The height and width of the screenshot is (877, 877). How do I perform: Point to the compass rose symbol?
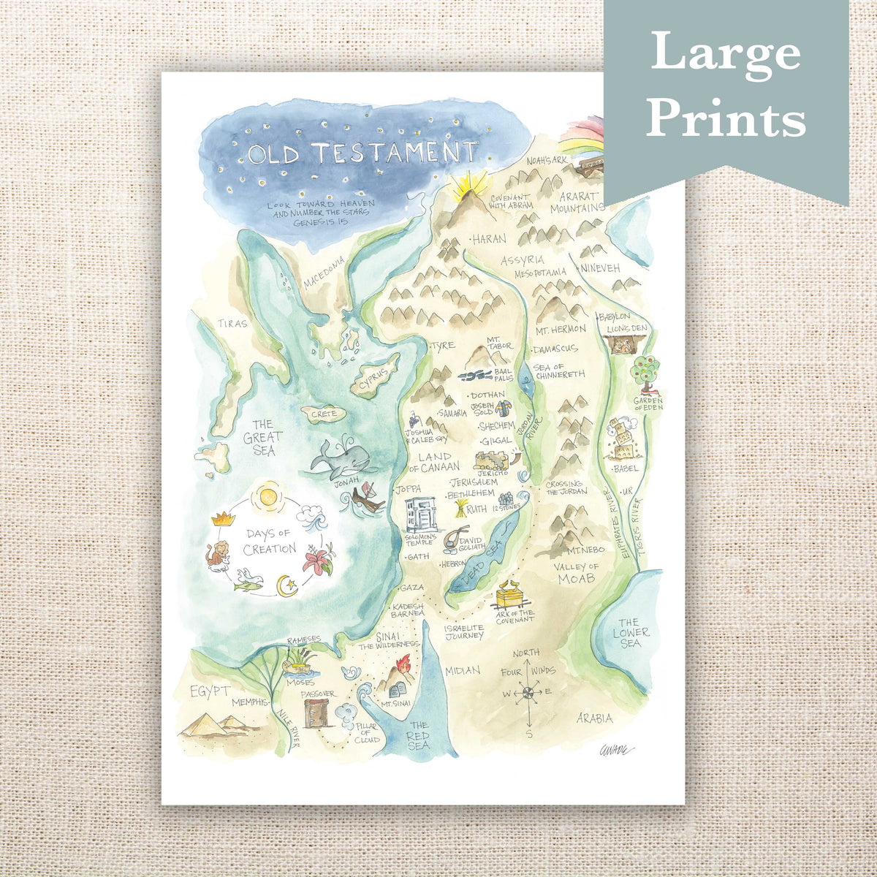(x=527, y=692)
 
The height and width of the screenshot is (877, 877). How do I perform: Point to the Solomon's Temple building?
(x=422, y=515)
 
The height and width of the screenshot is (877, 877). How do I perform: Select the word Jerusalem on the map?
(x=474, y=482)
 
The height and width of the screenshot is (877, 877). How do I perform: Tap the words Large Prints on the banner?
(x=726, y=85)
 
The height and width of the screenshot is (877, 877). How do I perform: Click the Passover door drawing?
(x=316, y=712)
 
